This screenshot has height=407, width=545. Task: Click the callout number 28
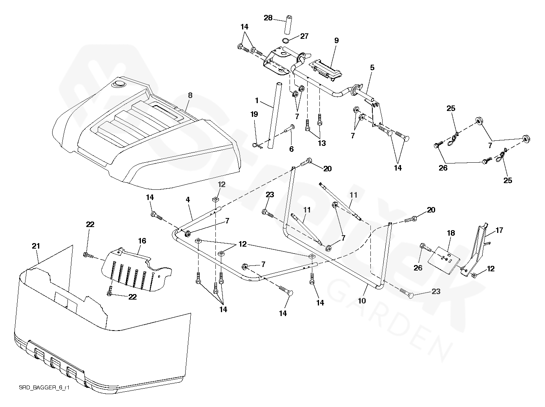point(268,18)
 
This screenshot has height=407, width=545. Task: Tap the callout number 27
point(304,36)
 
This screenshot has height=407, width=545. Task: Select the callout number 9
point(336,40)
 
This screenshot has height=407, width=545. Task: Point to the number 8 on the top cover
point(190,95)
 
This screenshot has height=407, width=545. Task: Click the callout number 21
point(35,246)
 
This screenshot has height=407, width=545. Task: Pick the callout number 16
point(142,241)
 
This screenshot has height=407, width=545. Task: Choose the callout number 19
point(254,114)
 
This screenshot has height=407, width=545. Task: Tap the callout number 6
point(291,149)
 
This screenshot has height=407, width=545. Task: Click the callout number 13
point(322,144)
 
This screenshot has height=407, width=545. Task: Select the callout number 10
point(362,300)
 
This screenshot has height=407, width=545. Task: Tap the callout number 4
point(188,200)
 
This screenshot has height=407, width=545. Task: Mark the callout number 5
point(372,68)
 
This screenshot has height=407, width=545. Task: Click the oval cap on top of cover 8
point(118,84)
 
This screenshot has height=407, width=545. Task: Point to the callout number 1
point(257,101)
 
